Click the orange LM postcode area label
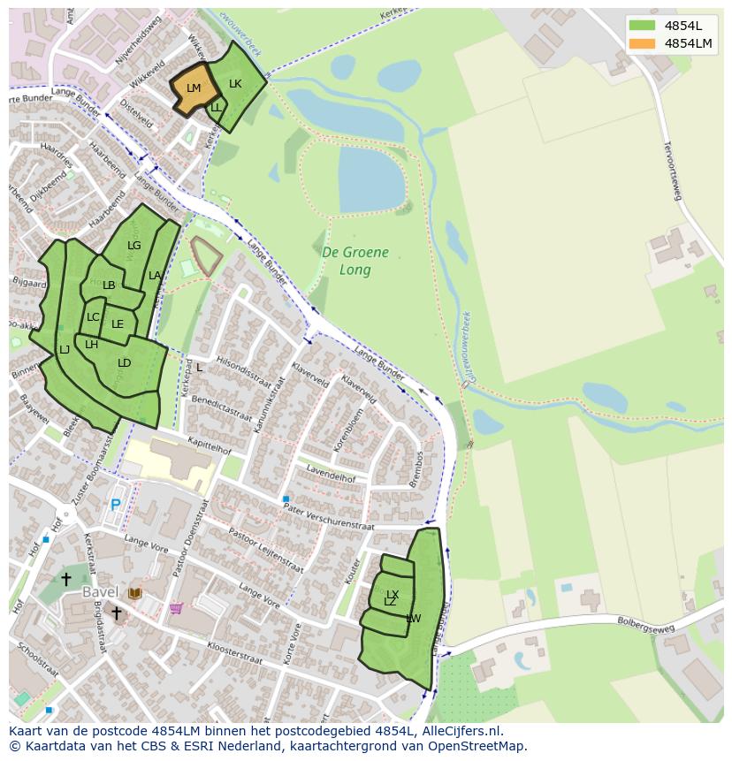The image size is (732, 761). pyautogui.click(x=194, y=88)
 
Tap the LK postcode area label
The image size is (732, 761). pyautogui.click(x=235, y=84)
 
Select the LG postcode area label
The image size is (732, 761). pyautogui.click(x=133, y=246)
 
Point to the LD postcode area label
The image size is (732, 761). pyautogui.click(x=124, y=363)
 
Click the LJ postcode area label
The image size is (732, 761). pyautogui.click(x=65, y=350)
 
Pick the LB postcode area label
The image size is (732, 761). pyautogui.click(x=109, y=285)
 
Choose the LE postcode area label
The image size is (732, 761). pyautogui.click(x=118, y=323)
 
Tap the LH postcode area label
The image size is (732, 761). pyautogui.click(x=91, y=345)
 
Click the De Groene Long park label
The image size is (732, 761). pyautogui.click(x=355, y=261)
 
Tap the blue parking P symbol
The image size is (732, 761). pyautogui.click(x=115, y=506)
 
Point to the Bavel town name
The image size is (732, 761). pyautogui.click(x=100, y=591)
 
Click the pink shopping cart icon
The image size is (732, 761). pyautogui.click(x=176, y=608)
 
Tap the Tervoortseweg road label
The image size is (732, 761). pyautogui.click(x=671, y=168)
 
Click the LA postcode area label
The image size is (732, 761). pyautogui.click(x=155, y=276)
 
